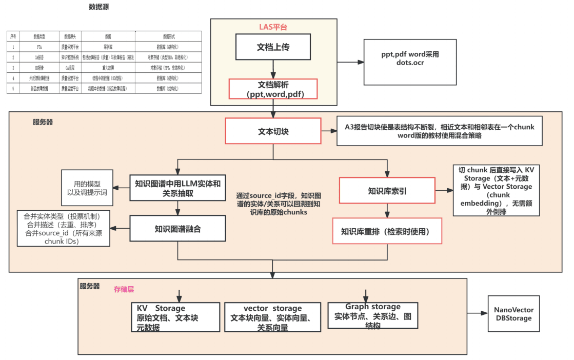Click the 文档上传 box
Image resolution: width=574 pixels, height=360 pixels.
(273, 47)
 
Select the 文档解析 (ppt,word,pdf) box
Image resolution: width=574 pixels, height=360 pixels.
(273, 89)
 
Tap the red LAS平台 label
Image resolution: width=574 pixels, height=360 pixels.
(273, 27)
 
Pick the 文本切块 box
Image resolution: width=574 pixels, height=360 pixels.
(273, 131)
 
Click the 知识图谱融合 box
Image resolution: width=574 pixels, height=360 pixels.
(177, 229)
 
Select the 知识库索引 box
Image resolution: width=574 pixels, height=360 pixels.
(387, 191)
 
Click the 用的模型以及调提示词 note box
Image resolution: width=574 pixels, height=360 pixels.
(87, 188)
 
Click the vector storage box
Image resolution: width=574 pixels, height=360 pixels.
(273, 317)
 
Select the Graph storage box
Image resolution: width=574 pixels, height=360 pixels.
(372, 314)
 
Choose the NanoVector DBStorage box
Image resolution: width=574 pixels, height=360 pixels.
(513, 314)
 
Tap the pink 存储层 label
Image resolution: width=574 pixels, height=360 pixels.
(124, 289)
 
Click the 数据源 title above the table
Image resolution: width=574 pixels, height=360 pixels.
(98, 7)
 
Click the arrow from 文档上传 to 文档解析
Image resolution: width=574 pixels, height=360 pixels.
(273, 69)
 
